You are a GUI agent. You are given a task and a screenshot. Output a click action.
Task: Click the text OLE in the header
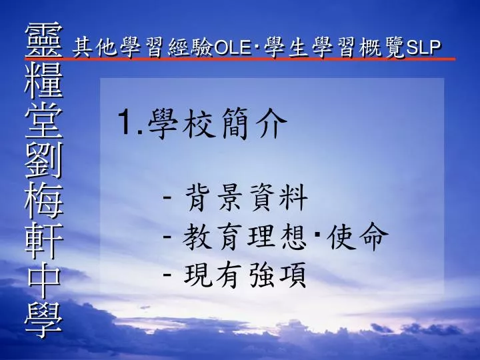click(233, 48)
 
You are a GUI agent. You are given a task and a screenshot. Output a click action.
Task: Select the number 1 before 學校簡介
click(126, 123)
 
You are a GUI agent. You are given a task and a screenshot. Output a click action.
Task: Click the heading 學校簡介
click(217, 123)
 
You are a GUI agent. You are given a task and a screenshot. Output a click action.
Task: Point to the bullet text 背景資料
click(246, 197)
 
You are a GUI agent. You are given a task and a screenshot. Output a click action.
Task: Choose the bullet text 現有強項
click(245, 275)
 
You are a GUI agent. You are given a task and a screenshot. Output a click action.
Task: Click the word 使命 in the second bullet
click(357, 236)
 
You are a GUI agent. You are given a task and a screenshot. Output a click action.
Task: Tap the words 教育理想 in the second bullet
click(244, 236)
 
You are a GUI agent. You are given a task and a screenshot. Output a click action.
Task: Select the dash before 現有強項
click(167, 274)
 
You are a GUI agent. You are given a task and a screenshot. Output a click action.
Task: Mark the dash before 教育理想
click(167, 235)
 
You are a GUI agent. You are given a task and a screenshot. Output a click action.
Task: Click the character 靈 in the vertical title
click(44, 39)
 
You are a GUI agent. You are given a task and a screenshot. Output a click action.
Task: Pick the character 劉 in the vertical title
click(44, 159)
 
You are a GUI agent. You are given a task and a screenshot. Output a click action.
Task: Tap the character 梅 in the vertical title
click(44, 200)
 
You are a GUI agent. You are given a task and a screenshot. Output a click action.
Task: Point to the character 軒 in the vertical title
click(44, 240)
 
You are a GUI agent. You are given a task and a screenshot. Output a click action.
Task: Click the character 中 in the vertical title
click(44, 280)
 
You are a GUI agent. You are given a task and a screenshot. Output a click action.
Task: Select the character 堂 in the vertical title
click(44, 119)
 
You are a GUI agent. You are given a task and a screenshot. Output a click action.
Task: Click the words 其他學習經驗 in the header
click(143, 48)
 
